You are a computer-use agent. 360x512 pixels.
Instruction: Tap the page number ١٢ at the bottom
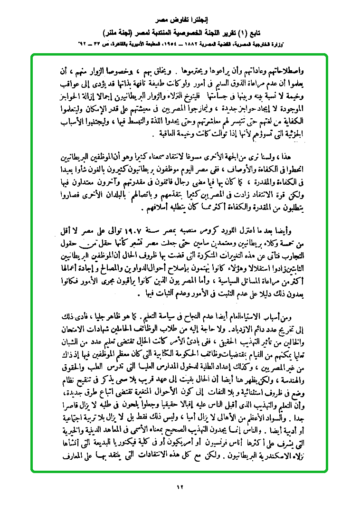(180, 486)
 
